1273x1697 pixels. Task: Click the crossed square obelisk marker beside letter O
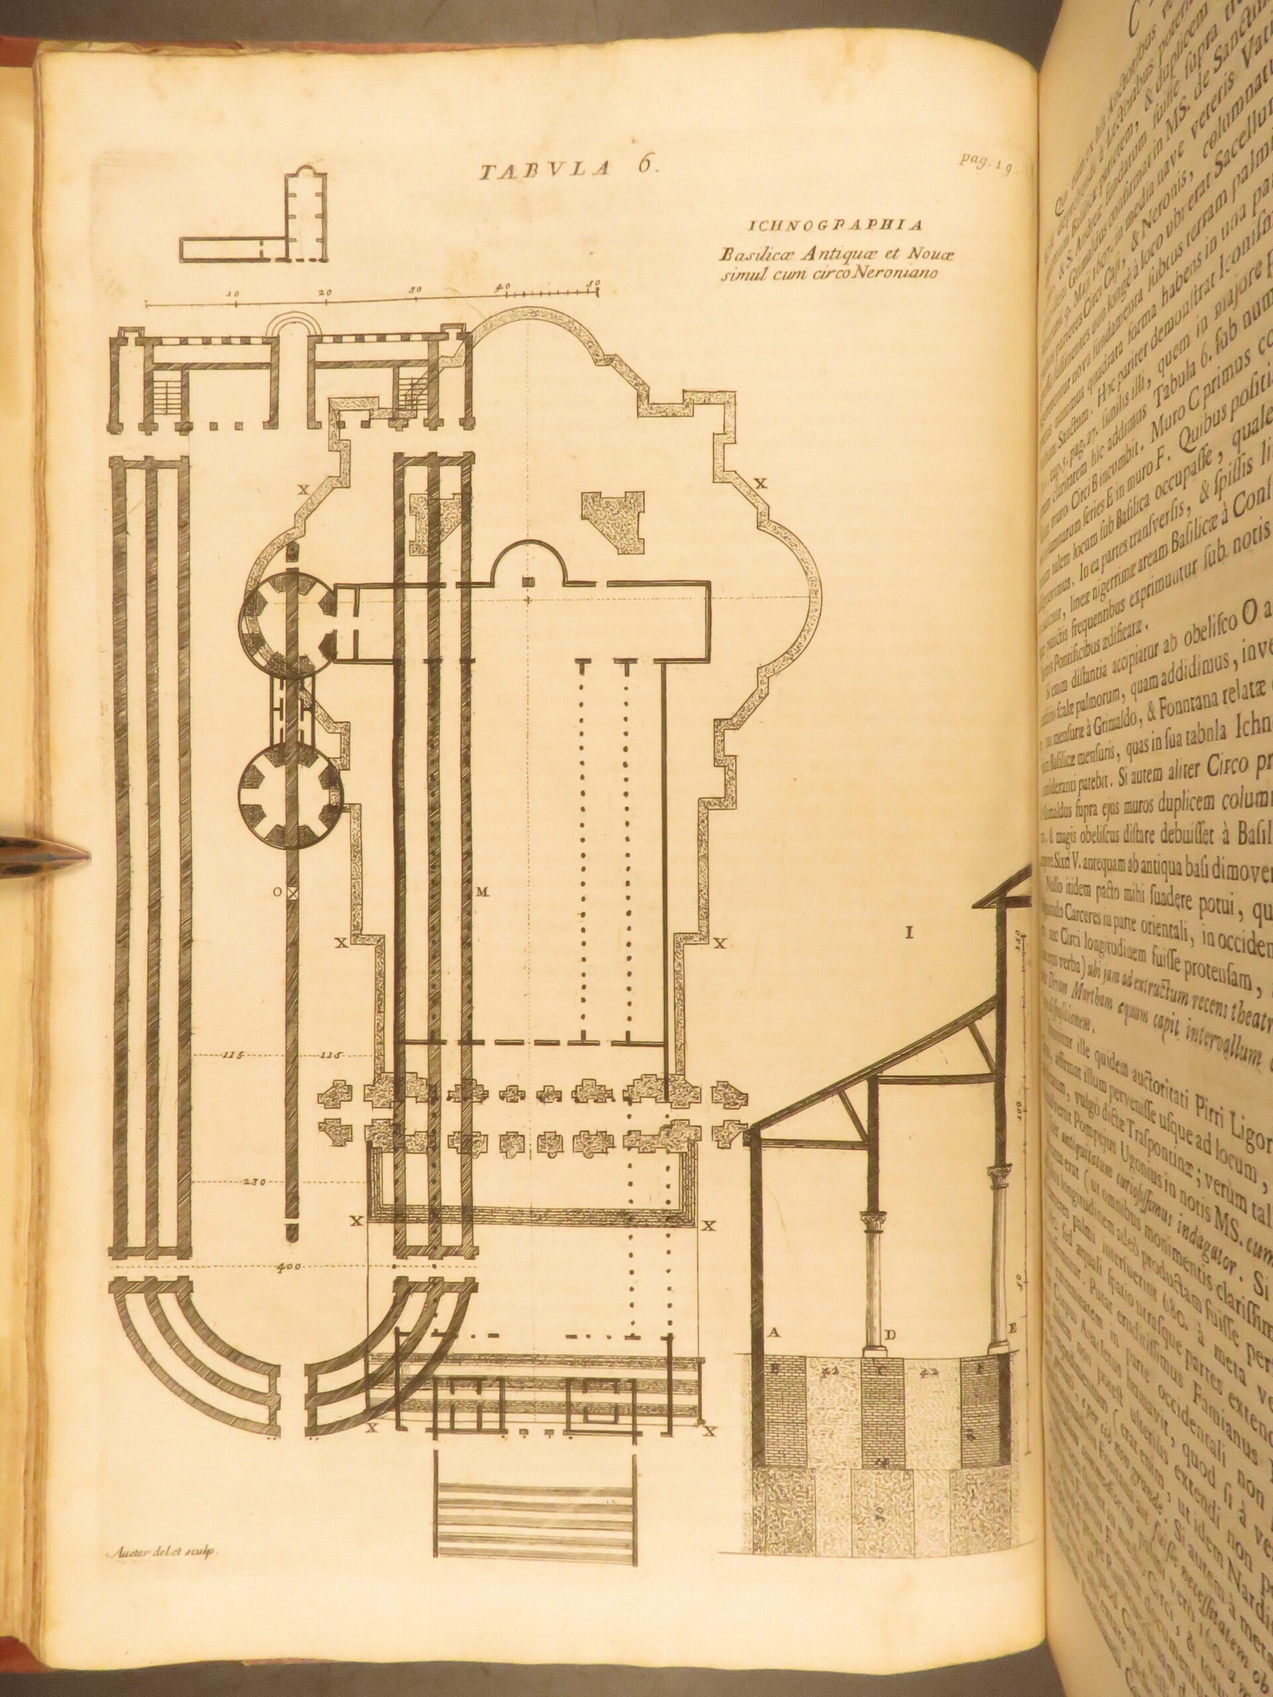(292, 893)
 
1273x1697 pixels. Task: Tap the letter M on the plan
(482, 892)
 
